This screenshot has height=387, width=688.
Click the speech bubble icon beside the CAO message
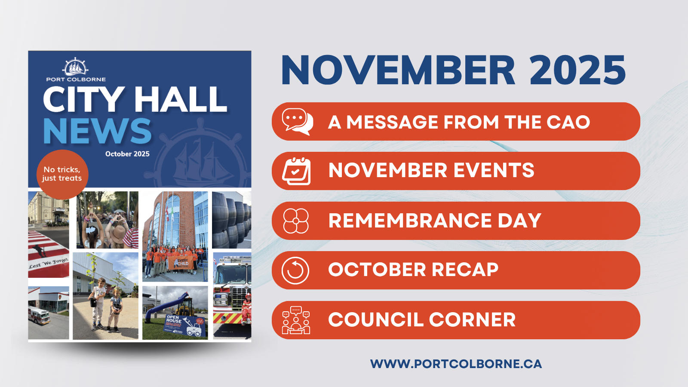(x=297, y=121)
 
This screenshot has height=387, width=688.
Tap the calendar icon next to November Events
(x=296, y=171)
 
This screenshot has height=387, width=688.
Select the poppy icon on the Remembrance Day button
(x=296, y=221)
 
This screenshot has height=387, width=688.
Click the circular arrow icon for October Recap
(x=295, y=270)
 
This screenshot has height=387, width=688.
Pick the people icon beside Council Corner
(x=296, y=320)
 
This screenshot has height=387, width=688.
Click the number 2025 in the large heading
(x=577, y=71)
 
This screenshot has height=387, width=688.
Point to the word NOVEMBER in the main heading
(x=398, y=71)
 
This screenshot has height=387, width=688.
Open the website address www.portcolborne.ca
(x=456, y=364)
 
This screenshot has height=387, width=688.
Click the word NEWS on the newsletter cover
(x=97, y=131)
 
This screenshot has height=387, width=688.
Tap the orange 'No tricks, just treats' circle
(x=62, y=174)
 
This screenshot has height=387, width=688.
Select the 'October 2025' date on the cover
(x=127, y=154)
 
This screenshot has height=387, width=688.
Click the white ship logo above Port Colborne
(x=75, y=67)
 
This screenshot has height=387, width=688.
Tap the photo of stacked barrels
(x=232, y=220)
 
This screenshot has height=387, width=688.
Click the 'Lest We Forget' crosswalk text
(x=48, y=263)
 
